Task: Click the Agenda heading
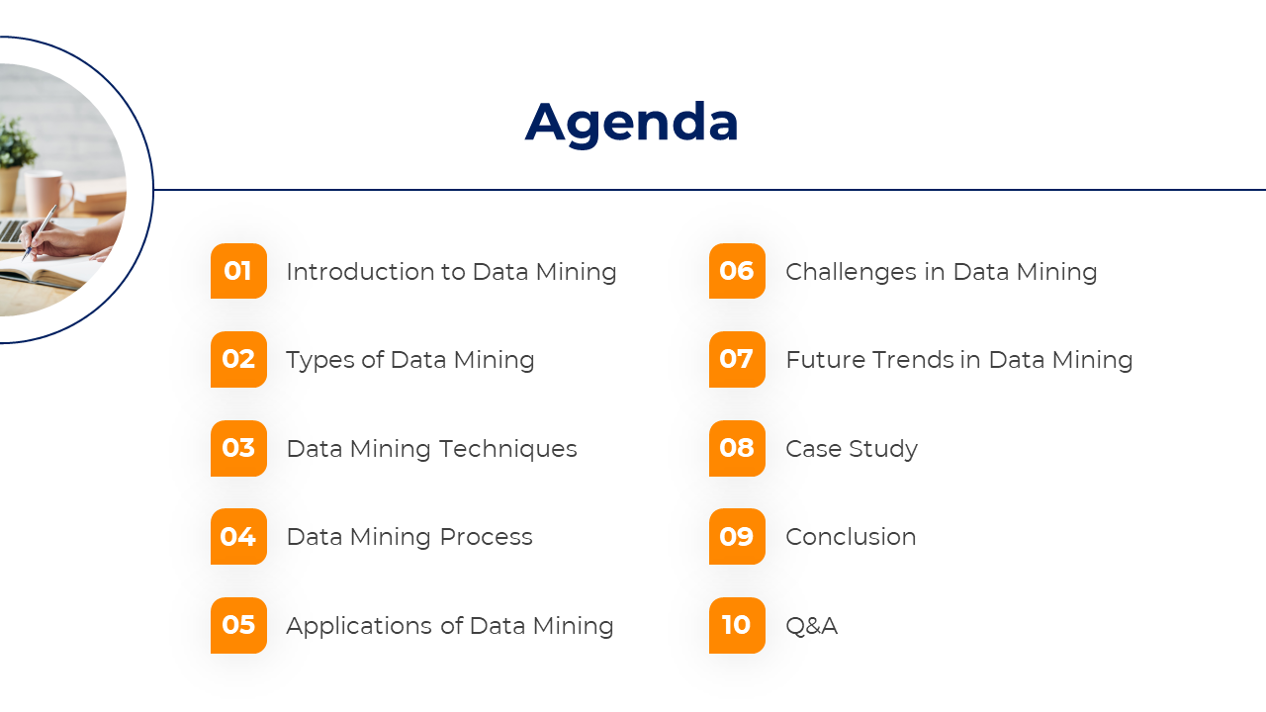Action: click(631, 124)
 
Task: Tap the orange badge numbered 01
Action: click(238, 271)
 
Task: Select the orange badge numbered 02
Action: click(238, 359)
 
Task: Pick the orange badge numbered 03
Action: click(238, 449)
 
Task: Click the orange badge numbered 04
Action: click(238, 537)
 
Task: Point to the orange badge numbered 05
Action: click(238, 626)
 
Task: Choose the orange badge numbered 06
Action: click(737, 271)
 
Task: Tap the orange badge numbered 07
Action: click(737, 359)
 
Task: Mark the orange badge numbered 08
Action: click(737, 449)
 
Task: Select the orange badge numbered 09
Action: click(737, 537)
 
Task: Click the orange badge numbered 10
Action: click(737, 626)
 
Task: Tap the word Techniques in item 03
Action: click(507, 450)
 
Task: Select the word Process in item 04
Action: click(486, 537)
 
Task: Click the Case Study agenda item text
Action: click(852, 450)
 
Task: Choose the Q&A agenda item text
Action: click(812, 626)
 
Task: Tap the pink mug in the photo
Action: click(48, 194)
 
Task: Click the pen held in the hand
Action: click(40, 231)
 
